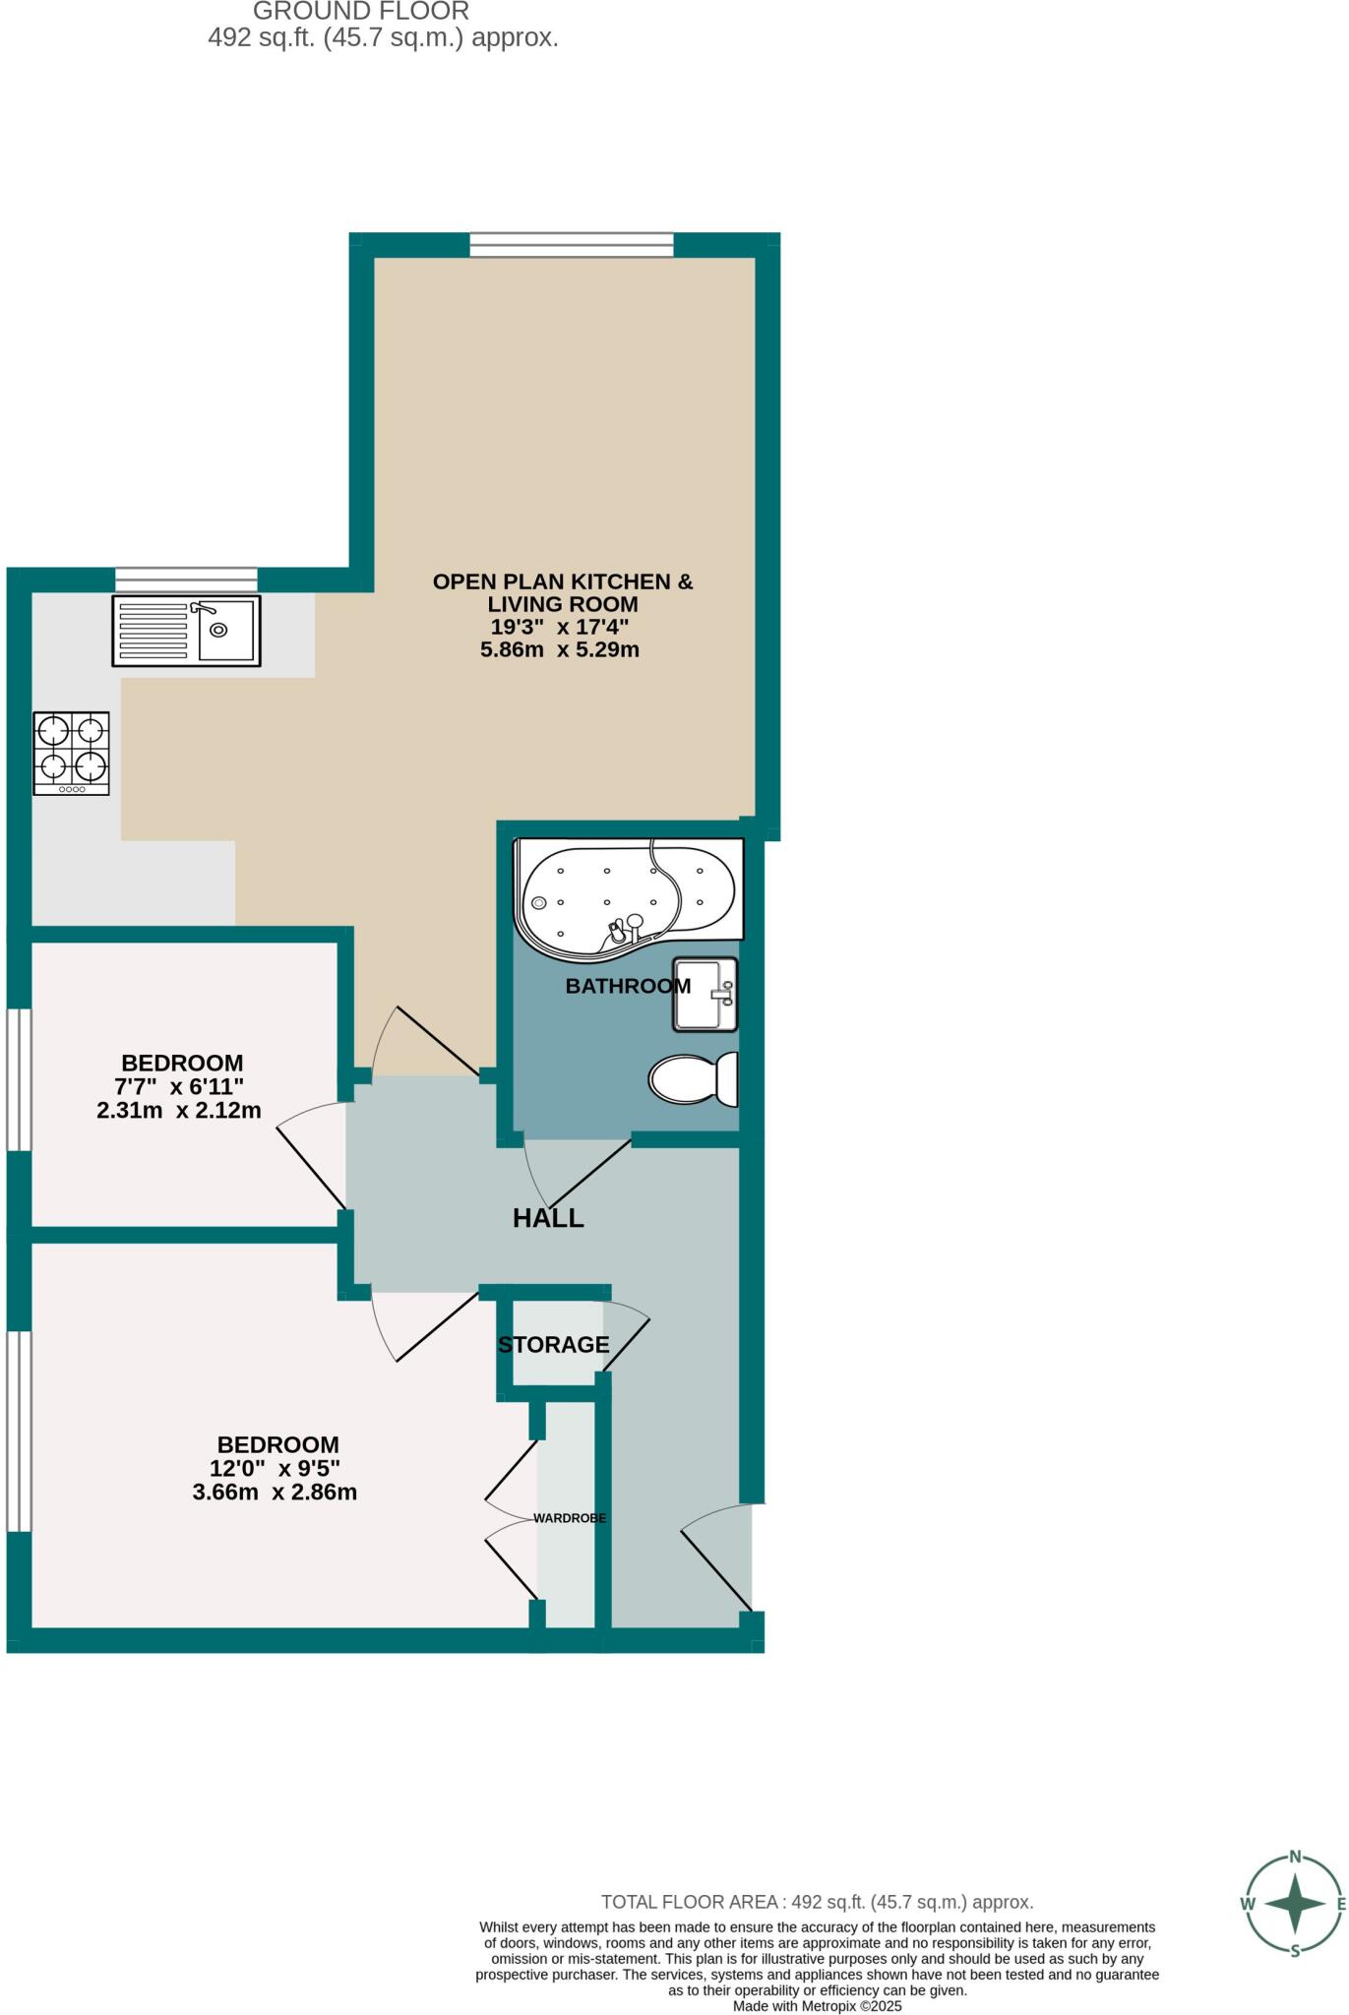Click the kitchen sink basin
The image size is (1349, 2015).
click(225, 630)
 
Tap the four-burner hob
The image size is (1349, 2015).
click(71, 753)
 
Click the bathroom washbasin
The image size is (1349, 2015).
click(705, 994)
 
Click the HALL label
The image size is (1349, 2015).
click(548, 1218)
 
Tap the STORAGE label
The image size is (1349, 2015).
click(553, 1344)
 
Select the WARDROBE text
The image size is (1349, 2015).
click(570, 1518)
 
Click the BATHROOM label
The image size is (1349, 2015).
click(627, 985)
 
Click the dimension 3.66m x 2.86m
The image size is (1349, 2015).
click(275, 1492)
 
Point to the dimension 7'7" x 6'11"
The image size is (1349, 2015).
click(179, 1086)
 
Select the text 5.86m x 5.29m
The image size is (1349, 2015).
click(559, 649)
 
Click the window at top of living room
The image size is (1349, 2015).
click(571, 244)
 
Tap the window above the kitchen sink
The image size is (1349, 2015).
click(186, 580)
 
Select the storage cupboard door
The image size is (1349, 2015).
click(627, 1337)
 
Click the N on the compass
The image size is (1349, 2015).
click(1295, 1858)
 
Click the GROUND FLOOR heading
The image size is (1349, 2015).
click(361, 12)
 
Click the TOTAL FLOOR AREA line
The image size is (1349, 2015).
click(817, 1902)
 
